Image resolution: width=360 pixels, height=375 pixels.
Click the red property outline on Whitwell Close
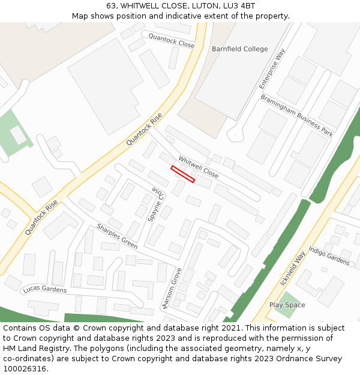coord(183,174)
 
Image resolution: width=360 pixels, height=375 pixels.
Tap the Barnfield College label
coord(239,49)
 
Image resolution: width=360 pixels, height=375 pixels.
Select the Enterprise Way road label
coord(272,70)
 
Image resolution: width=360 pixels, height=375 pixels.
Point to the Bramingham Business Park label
coord(296,116)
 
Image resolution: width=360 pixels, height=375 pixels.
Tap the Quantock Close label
coord(172,41)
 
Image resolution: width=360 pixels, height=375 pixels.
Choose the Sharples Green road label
coord(117,236)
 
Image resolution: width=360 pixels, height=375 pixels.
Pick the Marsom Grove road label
coord(172,289)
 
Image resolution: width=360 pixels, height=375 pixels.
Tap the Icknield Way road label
coord(293,269)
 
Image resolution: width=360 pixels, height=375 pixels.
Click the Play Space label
coord(287,305)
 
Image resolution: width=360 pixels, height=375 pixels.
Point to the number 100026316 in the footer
coord(25,369)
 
